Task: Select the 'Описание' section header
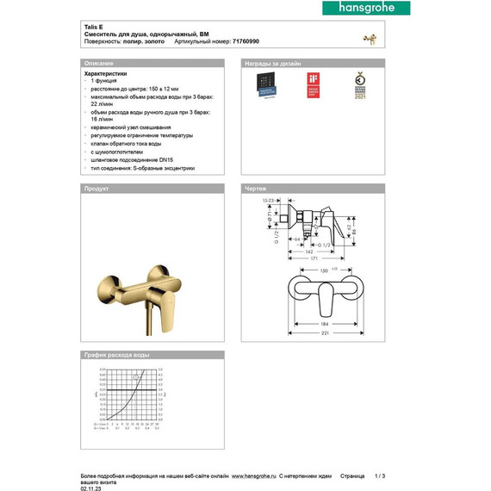(98, 64)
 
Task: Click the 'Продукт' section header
(96, 188)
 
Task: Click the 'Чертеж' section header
(256, 188)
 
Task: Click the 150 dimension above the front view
(323, 270)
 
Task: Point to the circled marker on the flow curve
(134, 377)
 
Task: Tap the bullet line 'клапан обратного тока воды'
(128, 143)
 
